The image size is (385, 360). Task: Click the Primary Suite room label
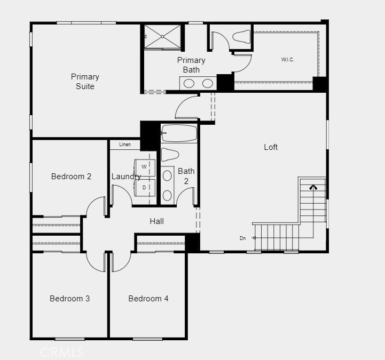(x=85, y=81)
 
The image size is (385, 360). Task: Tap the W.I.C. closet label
(x=288, y=59)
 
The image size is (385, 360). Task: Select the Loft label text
(x=271, y=147)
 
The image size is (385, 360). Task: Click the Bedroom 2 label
(x=71, y=177)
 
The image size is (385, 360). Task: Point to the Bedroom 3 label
(x=69, y=299)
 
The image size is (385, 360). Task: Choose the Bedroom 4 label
(x=148, y=299)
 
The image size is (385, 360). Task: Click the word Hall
(x=156, y=221)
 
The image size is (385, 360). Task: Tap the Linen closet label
(x=125, y=145)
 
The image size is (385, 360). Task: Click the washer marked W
(x=144, y=167)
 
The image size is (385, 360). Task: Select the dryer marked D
(x=144, y=188)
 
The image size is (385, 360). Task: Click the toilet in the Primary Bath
(x=242, y=36)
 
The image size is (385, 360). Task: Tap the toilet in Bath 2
(x=170, y=155)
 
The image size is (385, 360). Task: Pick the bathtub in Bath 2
(x=179, y=133)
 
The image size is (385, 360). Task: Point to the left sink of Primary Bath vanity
(x=189, y=83)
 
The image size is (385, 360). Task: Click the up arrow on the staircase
(x=313, y=187)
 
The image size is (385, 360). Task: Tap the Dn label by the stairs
(x=243, y=238)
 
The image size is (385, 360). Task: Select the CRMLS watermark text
(x=62, y=352)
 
